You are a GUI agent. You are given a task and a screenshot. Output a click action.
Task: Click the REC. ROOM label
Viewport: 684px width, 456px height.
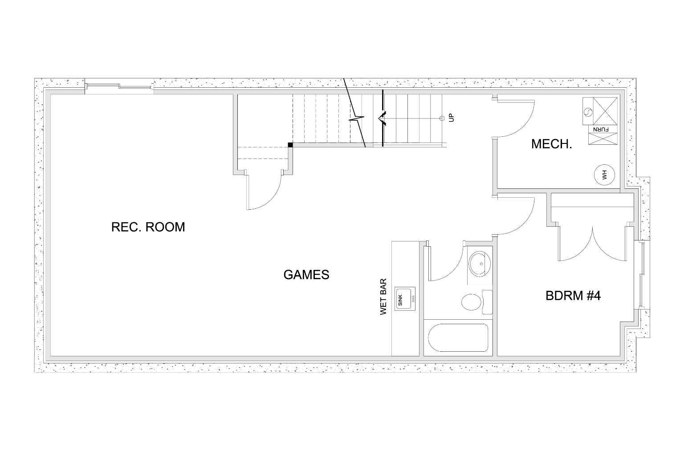point(148,227)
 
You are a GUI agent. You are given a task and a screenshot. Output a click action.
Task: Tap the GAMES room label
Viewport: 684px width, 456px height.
point(306,275)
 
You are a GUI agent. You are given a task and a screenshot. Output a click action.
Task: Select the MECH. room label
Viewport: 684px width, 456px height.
point(551,144)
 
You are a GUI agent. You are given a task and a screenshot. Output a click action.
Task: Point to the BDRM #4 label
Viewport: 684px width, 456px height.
point(573,296)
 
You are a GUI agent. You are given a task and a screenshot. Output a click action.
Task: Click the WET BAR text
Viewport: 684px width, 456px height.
point(383,297)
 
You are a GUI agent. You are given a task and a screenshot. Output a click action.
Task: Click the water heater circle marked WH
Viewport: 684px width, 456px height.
point(604,174)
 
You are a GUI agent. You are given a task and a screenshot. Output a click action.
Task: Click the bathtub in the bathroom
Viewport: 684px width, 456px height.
point(458,338)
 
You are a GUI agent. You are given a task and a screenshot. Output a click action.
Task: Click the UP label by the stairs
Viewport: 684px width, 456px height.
point(452,118)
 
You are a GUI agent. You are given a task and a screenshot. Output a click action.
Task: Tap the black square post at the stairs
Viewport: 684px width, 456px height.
point(290,145)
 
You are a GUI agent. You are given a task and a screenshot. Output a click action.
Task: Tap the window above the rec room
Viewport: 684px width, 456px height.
point(119,87)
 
